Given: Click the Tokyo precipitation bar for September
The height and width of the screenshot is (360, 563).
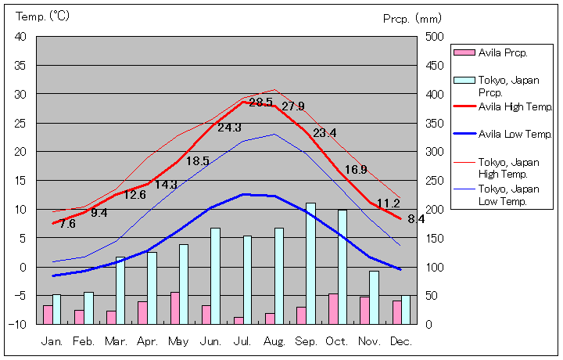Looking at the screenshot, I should click(x=311, y=263).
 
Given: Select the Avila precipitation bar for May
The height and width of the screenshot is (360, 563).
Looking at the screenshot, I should click(x=174, y=308).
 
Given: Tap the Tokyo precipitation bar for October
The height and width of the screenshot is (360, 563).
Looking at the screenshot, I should click(x=342, y=266).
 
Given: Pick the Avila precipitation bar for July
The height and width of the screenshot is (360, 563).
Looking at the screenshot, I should click(x=238, y=320).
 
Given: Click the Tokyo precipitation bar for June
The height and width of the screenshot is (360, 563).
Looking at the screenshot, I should click(x=216, y=275).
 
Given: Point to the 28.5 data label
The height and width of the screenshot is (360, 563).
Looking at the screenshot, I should click(x=260, y=102).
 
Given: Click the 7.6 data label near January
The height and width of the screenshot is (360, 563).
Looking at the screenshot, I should click(x=67, y=224).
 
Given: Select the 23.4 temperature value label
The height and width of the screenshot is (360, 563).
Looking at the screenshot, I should click(x=324, y=133).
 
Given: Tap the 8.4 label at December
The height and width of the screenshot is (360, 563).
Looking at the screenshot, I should click(x=416, y=219).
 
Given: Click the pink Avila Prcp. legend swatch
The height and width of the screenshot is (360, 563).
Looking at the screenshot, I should click(x=464, y=52).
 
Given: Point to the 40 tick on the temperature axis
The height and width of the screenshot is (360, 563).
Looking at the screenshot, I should click(x=20, y=37).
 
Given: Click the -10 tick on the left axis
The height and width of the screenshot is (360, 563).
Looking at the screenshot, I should click(x=19, y=324).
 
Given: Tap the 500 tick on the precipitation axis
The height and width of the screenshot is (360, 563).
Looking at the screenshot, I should click(x=435, y=37).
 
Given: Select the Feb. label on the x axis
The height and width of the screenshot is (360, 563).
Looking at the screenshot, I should click(x=84, y=341).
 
